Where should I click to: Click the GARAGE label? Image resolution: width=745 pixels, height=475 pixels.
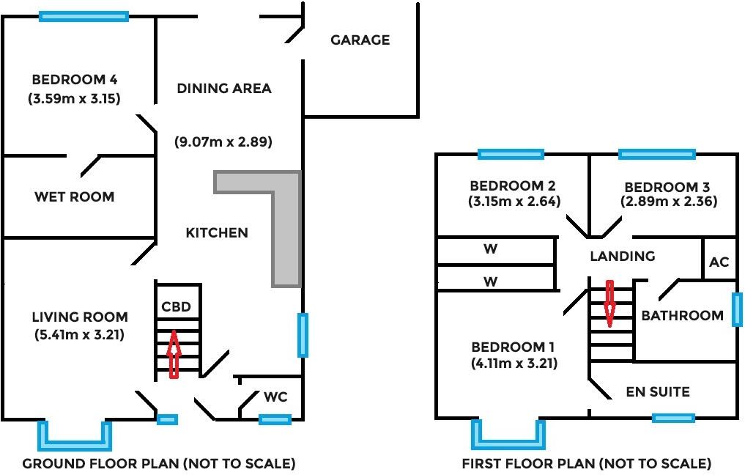[360, 40]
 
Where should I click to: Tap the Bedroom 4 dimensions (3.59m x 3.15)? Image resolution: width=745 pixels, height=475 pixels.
[74, 97]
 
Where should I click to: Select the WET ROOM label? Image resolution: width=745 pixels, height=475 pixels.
[74, 196]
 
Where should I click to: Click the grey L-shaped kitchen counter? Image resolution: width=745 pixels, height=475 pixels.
[286, 220]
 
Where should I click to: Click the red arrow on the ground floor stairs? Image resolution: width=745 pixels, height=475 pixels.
[174, 354]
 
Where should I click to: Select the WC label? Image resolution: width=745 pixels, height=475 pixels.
[275, 397]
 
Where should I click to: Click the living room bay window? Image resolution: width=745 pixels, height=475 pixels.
[75, 438]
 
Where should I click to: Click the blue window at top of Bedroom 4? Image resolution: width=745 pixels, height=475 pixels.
[84, 15]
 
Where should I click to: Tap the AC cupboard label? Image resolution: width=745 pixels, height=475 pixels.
[719, 262]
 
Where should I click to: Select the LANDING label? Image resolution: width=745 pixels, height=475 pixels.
[623, 256]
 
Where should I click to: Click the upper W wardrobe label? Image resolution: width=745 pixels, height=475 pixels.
[491, 249]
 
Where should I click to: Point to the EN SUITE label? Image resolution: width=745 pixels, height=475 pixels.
[657, 391]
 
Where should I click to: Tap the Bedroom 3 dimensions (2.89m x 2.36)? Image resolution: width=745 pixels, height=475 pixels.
[668, 201]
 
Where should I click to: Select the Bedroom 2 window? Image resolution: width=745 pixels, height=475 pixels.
[511, 154]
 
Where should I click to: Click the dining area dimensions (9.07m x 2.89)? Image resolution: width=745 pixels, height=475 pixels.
[223, 142]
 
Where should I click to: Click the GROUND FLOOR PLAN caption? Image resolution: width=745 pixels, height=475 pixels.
[159, 463]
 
